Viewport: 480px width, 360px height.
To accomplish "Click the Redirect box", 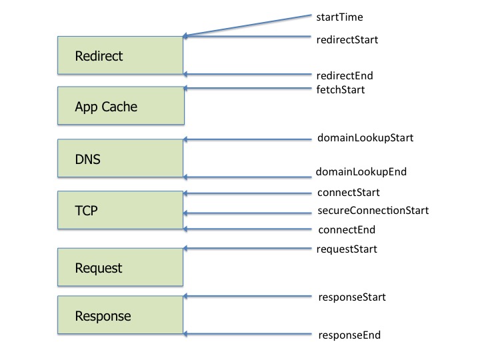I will (x=120, y=55).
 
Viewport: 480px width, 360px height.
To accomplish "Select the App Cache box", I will (x=120, y=105).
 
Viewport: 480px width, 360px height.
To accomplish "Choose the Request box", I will (x=120, y=267).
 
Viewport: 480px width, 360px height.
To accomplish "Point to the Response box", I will (x=120, y=315).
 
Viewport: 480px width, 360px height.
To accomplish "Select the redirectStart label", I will (x=347, y=39).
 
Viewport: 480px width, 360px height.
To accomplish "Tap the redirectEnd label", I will (x=345, y=76).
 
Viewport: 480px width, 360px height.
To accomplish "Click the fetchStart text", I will (x=340, y=89).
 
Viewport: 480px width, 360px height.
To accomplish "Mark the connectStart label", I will (x=348, y=193).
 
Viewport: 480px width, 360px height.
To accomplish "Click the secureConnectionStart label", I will (x=372, y=211).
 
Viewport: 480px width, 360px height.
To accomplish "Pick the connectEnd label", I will (x=346, y=230).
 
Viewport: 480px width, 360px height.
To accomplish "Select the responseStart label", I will (x=351, y=297).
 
